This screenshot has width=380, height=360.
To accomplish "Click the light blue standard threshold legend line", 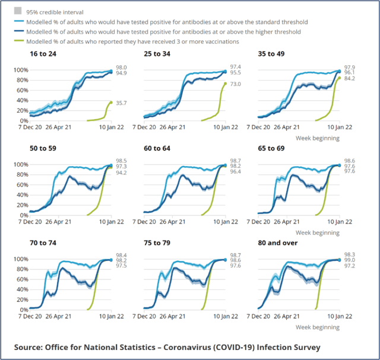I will click(x=18, y=22).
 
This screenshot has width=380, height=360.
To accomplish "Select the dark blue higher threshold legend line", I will click(x=18, y=31).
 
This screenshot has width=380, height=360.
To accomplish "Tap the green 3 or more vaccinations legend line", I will click(x=18, y=41).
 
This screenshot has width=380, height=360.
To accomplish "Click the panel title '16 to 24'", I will click(x=43, y=54).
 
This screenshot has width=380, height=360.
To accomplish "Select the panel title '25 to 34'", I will click(x=157, y=54).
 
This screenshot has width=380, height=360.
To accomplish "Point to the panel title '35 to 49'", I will click(x=271, y=54).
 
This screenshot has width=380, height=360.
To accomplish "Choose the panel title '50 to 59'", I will click(x=43, y=148).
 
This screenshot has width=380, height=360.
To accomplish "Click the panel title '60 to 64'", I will click(x=157, y=148).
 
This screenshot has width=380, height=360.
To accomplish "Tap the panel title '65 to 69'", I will click(x=271, y=148).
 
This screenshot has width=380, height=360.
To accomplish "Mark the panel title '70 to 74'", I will click(x=43, y=243).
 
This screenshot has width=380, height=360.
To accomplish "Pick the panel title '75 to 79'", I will click(x=157, y=243).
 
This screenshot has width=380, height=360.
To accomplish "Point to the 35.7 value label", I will click(x=121, y=103).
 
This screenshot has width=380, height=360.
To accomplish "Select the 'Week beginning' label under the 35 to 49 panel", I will click(x=318, y=138).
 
